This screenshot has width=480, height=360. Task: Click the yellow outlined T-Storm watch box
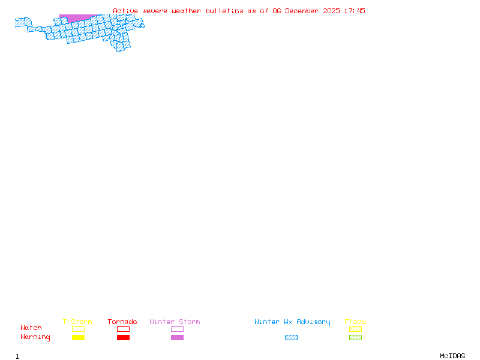(x=78, y=329)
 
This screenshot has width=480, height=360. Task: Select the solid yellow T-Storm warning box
(x=78, y=337)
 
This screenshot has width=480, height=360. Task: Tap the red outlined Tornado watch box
(x=123, y=329)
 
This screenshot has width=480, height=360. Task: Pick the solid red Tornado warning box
(x=123, y=337)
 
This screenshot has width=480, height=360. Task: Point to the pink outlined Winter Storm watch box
(x=177, y=329)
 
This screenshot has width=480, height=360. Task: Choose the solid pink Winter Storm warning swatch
(x=177, y=337)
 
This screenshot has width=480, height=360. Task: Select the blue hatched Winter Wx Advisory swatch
(x=291, y=337)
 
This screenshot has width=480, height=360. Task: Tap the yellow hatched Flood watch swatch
(x=355, y=329)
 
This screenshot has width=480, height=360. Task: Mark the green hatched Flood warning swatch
(x=355, y=337)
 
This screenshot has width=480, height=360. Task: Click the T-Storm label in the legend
(x=77, y=322)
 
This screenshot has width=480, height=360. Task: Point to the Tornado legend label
(x=122, y=322)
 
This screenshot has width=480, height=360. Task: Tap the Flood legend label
(x=355, y=322)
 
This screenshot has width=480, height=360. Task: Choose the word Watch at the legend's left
(x=31, y=328)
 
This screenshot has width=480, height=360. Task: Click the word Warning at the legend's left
(x=35, y=337)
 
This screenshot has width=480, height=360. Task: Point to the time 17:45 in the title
(x=355, y=11)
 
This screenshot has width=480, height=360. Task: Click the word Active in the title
(x=125, y=11)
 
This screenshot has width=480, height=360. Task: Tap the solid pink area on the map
(x=78, y=18)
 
